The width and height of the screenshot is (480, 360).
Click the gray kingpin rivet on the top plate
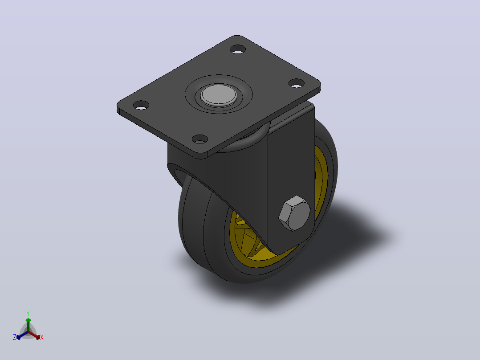219,94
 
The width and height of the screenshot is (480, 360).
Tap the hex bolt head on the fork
294,213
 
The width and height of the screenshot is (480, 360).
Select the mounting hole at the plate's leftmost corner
141,105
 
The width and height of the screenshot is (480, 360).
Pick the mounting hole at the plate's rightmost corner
297,83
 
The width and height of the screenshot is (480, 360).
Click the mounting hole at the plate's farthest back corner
238,49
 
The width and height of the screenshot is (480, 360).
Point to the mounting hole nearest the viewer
200,139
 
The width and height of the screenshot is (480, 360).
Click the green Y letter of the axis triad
28,313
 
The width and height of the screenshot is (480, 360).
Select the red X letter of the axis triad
42,337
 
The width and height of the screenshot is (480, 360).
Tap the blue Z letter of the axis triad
15,337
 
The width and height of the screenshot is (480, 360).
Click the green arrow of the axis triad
28,324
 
